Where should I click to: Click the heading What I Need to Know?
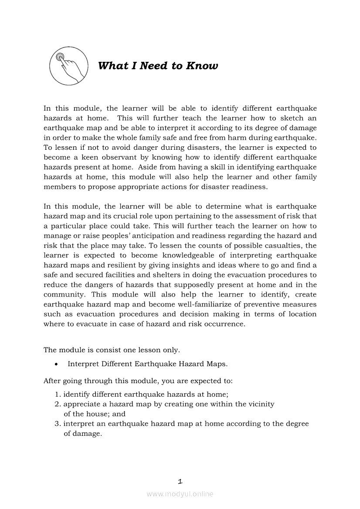point(158,66)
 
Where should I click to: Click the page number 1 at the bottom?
point(180,481)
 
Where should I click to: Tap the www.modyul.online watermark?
point(180,494)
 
